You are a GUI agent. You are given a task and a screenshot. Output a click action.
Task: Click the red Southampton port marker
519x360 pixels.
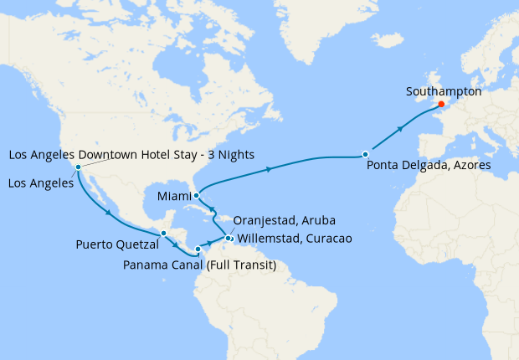click(x=440, y=105)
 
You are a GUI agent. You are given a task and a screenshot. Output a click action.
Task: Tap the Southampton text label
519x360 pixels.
click(x=443, y=90)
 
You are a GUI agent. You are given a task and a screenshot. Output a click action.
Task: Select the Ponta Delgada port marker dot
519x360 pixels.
click(x=365, y=154)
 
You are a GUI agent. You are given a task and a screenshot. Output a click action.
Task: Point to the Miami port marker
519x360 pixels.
click(x=195, y=195)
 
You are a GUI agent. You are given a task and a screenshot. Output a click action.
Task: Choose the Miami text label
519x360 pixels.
click(x=174, y=196)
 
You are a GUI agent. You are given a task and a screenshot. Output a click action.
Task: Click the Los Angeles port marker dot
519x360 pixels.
click(x=77, y=167)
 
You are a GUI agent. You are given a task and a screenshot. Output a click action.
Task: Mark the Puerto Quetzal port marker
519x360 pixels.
click(x=165, y=234)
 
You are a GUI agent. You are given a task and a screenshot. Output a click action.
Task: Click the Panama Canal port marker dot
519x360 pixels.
click(x=198, y=249)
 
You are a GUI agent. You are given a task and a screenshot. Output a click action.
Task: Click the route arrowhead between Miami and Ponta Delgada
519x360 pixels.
click(x=269, y=169)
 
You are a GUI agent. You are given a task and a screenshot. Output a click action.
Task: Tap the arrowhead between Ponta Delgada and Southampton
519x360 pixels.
click(x=401, y=129)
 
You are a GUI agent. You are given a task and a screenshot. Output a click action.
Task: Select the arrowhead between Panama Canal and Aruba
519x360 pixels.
click(x=209, y=242)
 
